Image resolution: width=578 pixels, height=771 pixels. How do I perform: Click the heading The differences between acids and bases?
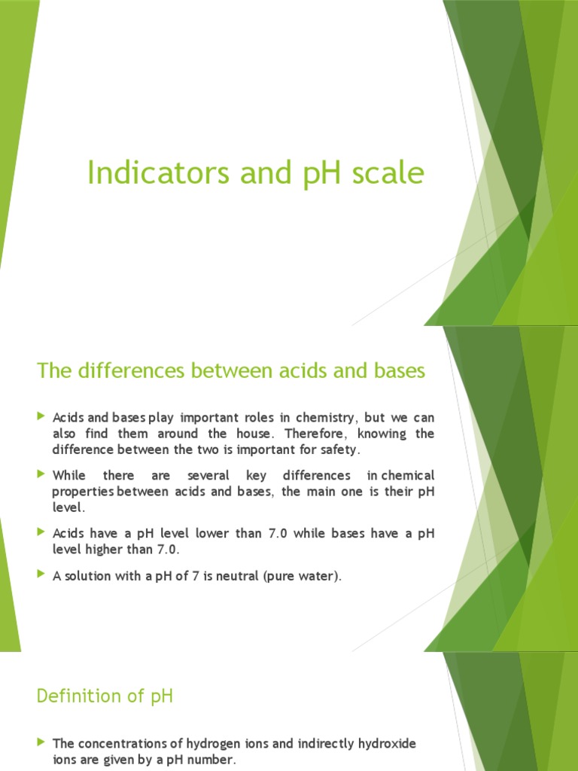coord(231,370)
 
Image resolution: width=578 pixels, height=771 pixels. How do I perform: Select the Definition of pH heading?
coord(105,696)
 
